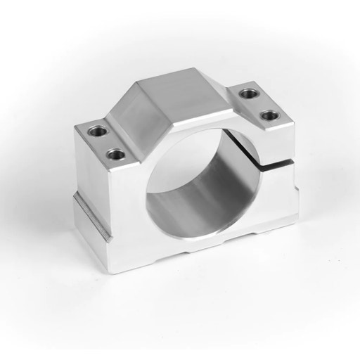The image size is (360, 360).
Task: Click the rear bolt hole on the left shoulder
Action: point(94,130)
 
